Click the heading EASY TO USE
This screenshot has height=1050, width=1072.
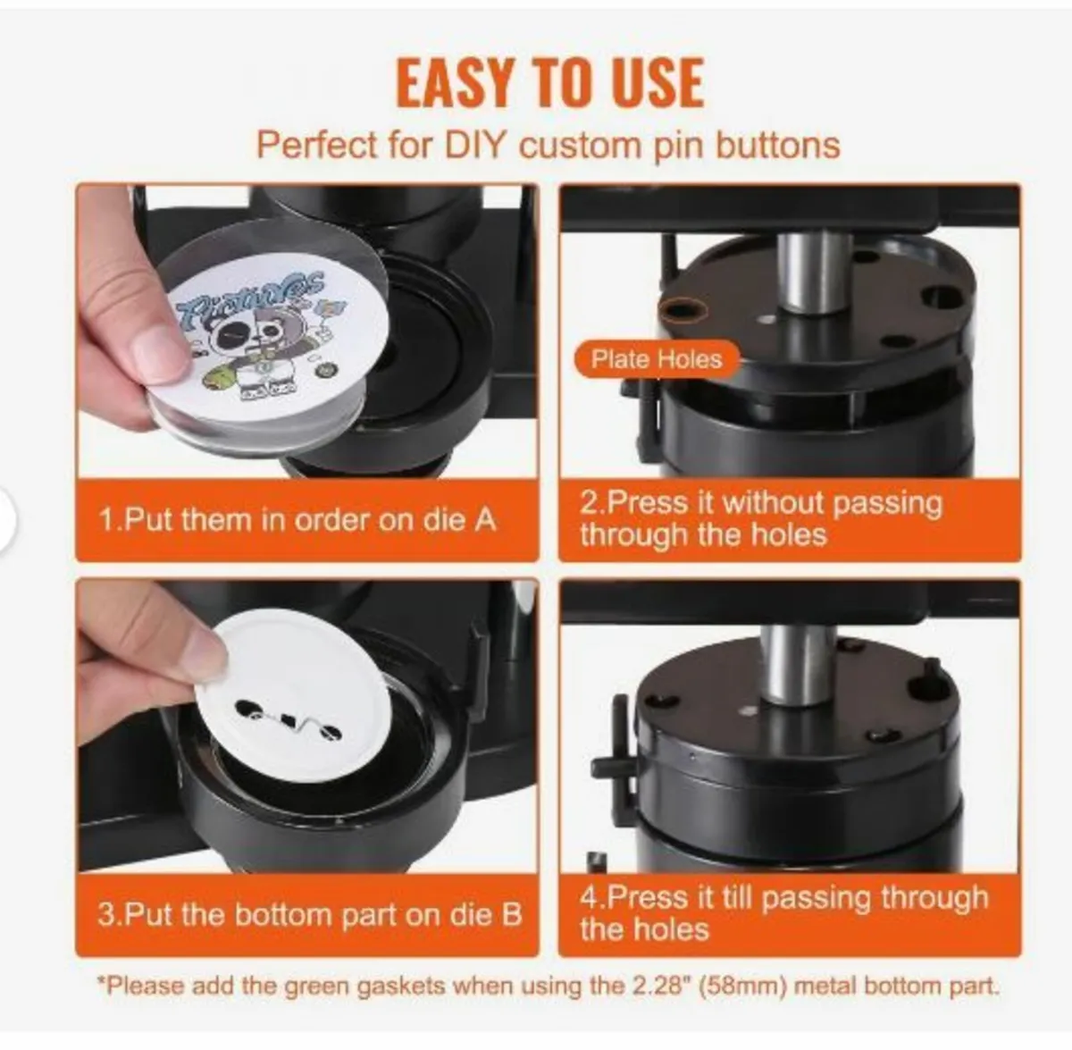(549, 82)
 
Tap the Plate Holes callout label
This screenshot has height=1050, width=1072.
(657, 359)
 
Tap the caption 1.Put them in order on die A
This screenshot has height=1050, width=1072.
(297, 519)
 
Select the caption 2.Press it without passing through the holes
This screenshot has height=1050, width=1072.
(760, 518)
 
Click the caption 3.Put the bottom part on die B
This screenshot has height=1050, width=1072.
(309, 914)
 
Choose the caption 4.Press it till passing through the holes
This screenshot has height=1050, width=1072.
(783, 912)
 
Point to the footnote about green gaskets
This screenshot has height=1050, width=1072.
(548, 986)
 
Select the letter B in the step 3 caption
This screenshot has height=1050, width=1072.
(512, 914)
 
